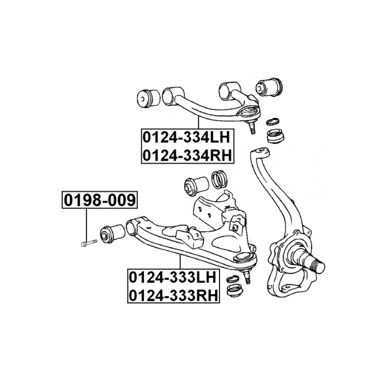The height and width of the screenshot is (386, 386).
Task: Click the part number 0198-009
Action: [x=100, y=200]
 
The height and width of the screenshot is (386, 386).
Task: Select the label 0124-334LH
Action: [x=186, y=137]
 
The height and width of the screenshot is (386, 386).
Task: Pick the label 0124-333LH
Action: [x=173, y=277]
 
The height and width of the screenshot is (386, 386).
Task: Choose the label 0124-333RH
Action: [x=173, y=295]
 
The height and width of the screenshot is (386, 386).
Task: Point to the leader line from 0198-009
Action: [x=86, y=225]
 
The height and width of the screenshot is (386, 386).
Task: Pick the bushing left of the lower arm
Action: [x=112, y=232]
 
